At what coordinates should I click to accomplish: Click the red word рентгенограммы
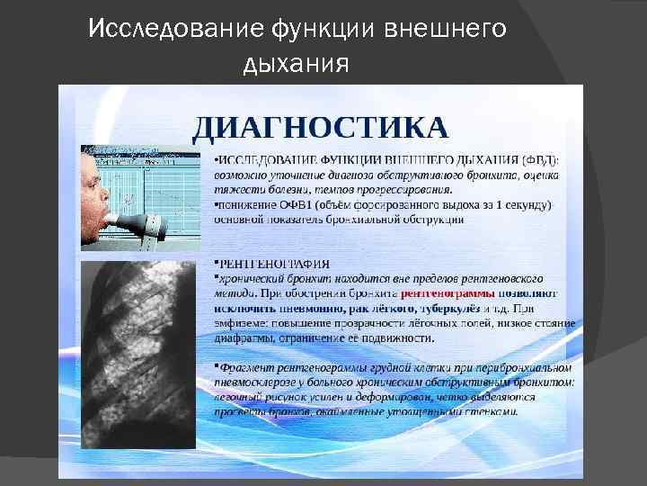[447, 293]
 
